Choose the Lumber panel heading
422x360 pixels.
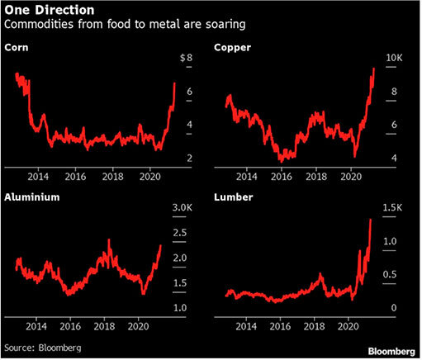tap(235, 198)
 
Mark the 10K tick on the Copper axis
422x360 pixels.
tap(396, 58)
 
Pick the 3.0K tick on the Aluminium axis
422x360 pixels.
tap(183, 207)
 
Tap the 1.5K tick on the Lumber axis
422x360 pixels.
tap(397, 207)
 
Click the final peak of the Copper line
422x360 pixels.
tap(373, 69)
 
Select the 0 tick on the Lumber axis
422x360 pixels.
tap(394, 308)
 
